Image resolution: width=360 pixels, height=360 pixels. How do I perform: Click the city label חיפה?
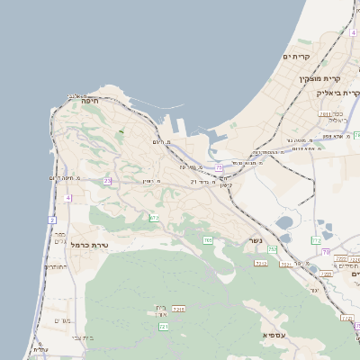tap(89, 102)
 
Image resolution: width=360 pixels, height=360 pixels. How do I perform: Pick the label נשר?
tap(256, 241)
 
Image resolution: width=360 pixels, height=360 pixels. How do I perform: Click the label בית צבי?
tap(81, 337)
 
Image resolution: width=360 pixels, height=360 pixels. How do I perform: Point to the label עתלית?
tap(39, 350)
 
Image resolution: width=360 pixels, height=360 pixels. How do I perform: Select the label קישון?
tap(225, 186)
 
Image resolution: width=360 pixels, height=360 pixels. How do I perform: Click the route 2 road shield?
tap(52, 220)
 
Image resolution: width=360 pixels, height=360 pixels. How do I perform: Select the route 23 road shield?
tap(107, 181)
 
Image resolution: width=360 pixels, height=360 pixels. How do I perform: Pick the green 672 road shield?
tap(154, 218)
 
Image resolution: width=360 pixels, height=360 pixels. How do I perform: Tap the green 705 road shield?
tap(208, 240)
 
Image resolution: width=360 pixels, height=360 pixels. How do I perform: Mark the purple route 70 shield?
tap(327, 251)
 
